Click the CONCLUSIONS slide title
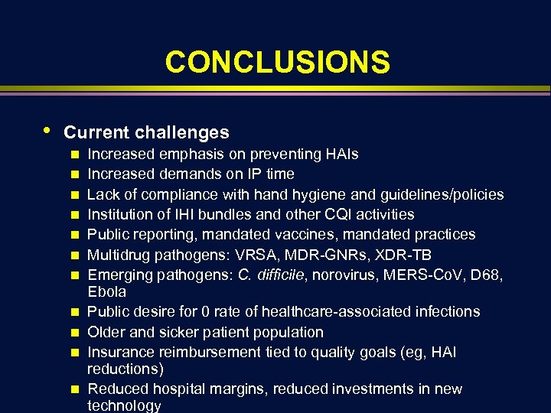[277, 62]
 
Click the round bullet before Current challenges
[47, 130]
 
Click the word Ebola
[107, 292]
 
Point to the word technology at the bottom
[125, 406]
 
